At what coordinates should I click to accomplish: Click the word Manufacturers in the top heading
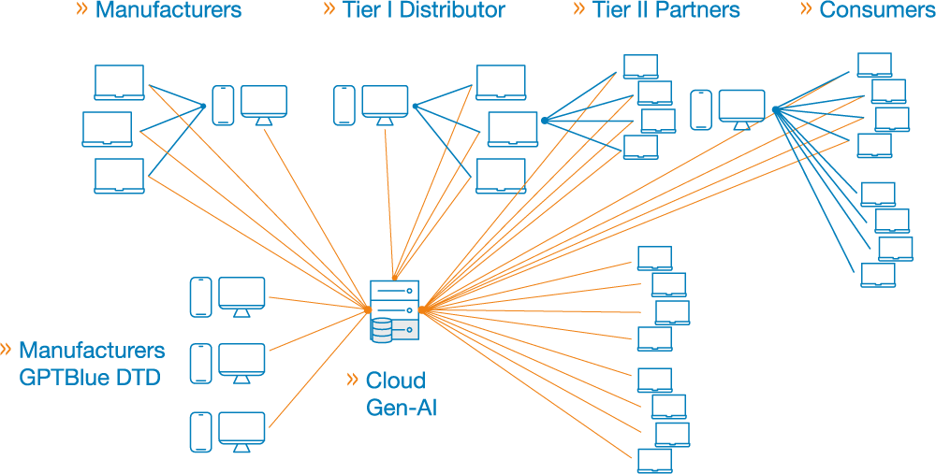pyautogui.click(x=168, y=10)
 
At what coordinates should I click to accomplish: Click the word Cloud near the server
pyautogui.click(x=395, y=381)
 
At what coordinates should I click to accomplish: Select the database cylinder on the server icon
pyautogui.click(x=381, y=330)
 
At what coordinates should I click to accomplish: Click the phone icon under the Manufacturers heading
pyautogui.click(x=223, y=105)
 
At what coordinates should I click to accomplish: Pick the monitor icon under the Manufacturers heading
pyautogui.click(x=264, y=103)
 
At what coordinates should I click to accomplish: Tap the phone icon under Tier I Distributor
pyautogui.click(x=344, y=105)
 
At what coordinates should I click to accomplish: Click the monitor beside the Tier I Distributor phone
pyautogui.click(x=385, y=103)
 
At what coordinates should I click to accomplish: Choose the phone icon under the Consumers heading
pyautogui.click(x=700, y=109)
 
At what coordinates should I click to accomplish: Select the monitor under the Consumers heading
pyautogui.click(x=741, y=108)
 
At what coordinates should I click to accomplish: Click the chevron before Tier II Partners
pyautogui.click(x=578, y=9)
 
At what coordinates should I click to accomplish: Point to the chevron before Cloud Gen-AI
pyautogui.click(x=352, y=380)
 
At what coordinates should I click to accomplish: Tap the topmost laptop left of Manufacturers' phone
pyautogui.click(x=119, y=82)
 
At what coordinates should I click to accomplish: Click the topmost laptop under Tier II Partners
pyautogui.click(x=640, y=66)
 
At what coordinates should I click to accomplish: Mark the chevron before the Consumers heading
pyautogui.click(x=804, y=9)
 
